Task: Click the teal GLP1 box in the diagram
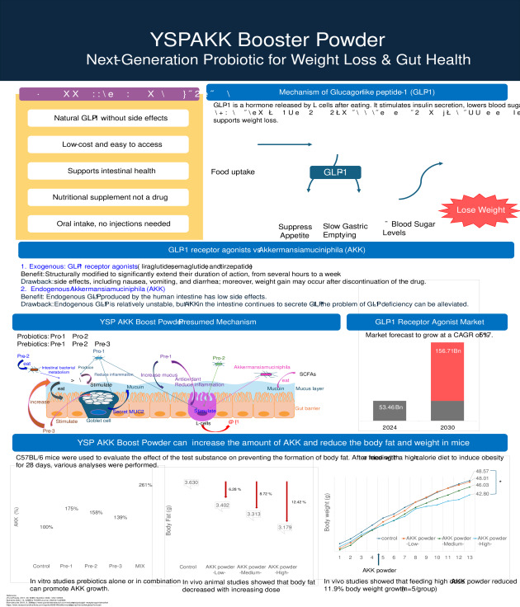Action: click(x=334, y=172)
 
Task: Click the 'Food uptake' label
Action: click(x=233, y=172)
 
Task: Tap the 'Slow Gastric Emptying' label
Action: click(x=346, y=230)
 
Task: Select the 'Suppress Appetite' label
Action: click(x=295, y=230)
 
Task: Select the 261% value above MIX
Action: click(x=145, y=484)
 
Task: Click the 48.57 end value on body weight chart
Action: click(x=483, y=471)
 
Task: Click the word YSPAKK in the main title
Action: click(x=192, y=39)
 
